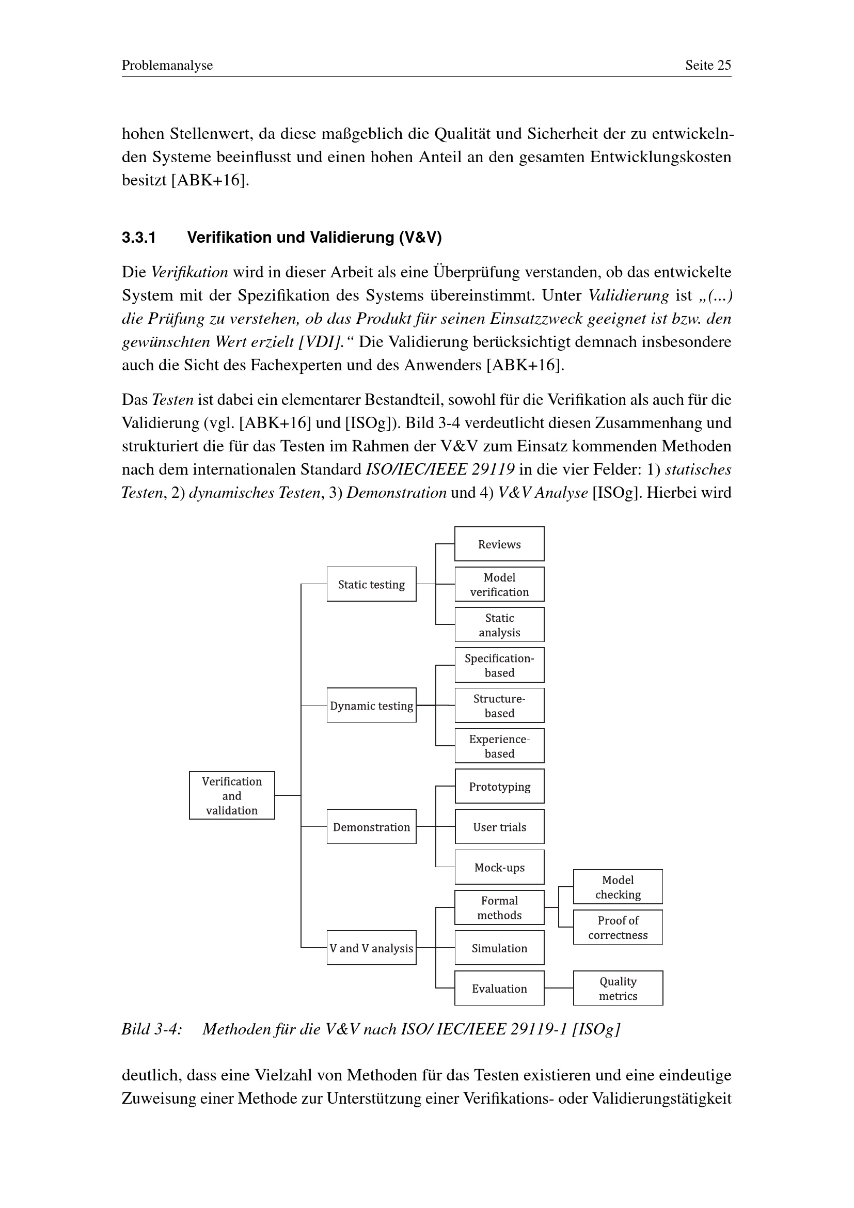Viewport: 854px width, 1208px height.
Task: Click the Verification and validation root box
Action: pyautogui.click(x=232, y=795)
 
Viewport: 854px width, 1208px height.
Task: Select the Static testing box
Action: pyautogui.click(x=371, y=584)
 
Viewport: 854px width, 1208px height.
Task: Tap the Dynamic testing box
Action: pyautogui.click(x=371, y=705)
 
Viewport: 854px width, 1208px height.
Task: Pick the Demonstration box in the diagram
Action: pyautogui.click(x=371, y=826)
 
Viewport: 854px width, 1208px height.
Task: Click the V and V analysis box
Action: pyautogui.click(x=371, y=948)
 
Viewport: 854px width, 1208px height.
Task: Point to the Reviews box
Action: pyautogui.click(x=499, y=543)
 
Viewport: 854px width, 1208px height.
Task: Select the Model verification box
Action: pyautogui.click(x=499, y=584)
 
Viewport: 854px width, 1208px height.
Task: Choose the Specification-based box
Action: pyautogui.click(x=499, y=665)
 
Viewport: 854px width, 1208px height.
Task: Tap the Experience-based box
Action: pyautogui.click(x=499, y=746)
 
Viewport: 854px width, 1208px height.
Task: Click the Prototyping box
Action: pyautogui.click(x=499, y=786)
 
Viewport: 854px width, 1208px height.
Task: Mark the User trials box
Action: pyautogui.click(x=499, y=826)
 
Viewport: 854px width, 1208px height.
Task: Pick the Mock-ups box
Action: pyautogui.click(x=499, y=867)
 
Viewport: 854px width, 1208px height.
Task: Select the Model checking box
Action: pyautogui.click(x=618, y=887)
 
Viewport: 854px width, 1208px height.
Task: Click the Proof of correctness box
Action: pyautogui.click(x=618, y=928)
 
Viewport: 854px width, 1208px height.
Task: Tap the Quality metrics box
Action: pyautogui.click(x=618, y=988)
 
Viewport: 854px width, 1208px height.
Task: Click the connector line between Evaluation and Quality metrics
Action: pyautogui.click(x=559, y=988)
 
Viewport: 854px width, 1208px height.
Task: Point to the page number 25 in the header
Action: pyautogui.click(x=724, y=65)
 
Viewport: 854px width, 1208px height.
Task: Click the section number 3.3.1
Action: pyautogui.click(x=139, y=237)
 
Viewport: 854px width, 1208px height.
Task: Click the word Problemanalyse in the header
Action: pyautogui.click(x=167, y=65)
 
